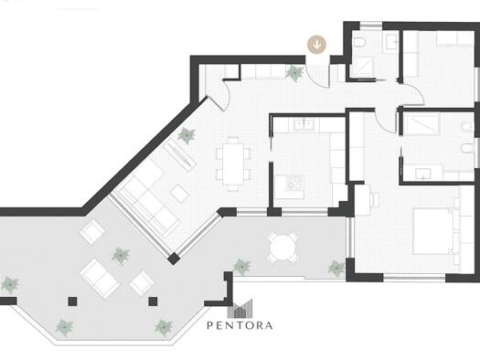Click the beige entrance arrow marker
tap(317, 45)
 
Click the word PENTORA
tap(240, 325)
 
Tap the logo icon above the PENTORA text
tap(240, 308)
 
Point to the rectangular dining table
tap(233, 164)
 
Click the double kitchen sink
tap(304, 125)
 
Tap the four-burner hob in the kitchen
tap(294, 183)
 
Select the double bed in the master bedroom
tap(433, 231)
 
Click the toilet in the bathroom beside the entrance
tap(358, 42)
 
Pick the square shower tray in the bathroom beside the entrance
tap(363, 67)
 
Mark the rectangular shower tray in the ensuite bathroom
tap(421, 123)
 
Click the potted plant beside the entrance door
tap(294, 73)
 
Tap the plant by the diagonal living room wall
tap(187, 135)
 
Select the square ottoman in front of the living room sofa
tap(180, 194)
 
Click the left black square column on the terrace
tap(72, 302)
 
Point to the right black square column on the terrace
tap(153, 302)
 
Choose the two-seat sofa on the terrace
tap(101, 279)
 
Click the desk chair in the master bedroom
tap(375, 199)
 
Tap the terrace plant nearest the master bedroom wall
tap(336, 269)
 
